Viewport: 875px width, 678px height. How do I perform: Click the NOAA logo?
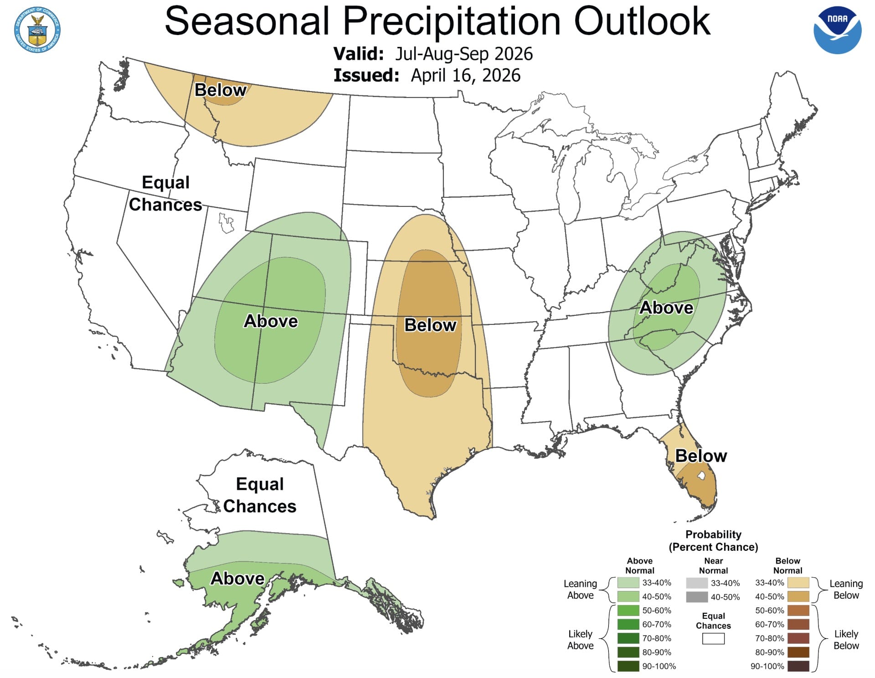pyautogui.click(x=837, y=30)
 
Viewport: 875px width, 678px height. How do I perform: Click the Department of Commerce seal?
pyautogui.click(x=37, y=30)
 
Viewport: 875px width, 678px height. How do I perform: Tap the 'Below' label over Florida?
pyautogui.click(x=700, y=456)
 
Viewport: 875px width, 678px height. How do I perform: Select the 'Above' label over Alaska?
pyautogui.click(x=237, y=578)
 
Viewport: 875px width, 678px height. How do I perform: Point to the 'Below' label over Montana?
pyautogui.click(x=220, y=90)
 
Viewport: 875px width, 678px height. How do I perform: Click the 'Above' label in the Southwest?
pyautogui.click(x=271, y=321)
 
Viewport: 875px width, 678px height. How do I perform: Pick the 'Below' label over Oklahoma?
pyautogui.click(x=430, y=325)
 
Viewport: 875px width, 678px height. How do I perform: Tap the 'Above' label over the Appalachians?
pyautogui.click(x=666, y=308)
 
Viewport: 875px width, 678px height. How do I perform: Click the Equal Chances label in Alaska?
pyautogui.click(x=260, y=495)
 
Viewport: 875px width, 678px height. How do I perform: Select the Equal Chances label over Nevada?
pyautogui.click(x=165, y=193)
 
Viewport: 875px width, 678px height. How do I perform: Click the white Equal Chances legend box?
pyautogui.click(x=713, y=638)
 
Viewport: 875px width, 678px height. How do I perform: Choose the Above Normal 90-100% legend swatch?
pyautogui.click(x=628, y=666)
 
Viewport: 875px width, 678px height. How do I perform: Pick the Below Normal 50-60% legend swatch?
pyautogui.click(x=798, y=611)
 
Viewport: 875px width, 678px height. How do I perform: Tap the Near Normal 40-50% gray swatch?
pyautogui.click(x=697, y=597)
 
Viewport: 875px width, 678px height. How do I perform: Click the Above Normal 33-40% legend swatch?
pyautogui.click(x=628, y=583)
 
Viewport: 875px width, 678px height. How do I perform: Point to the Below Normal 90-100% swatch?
pyautogui.click(x=798, y=666)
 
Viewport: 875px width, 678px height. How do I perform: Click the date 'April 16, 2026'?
pyautogui.click(x=465, y=76)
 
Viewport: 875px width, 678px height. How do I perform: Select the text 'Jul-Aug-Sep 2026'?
pyautogui.click(x=463, y=54)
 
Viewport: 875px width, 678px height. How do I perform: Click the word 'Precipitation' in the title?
pyautogui.click(x=451, y=21)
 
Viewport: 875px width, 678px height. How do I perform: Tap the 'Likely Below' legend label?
pyautogui.click(x=846, y=640)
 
